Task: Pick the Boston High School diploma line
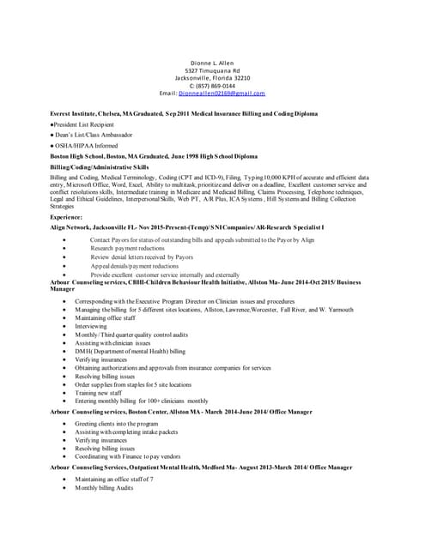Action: tap(153, 157)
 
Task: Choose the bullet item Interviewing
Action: tap(93, 327)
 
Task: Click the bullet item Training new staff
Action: tap(99, 392)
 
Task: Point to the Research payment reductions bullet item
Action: tap(128, 248)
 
